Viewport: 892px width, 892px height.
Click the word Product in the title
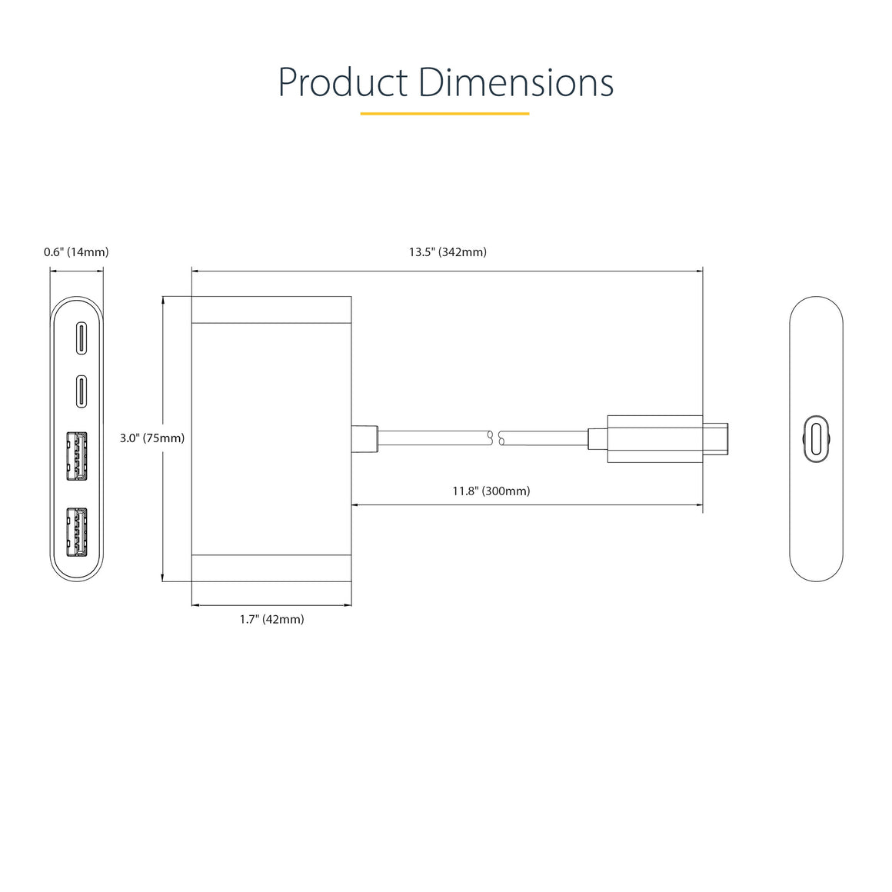point(343,82)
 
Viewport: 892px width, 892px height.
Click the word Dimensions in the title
point(516,82)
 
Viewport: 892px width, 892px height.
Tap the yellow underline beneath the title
point(445,114)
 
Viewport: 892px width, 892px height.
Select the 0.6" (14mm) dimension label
point(76,252)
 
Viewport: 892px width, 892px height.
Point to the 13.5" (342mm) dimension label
point(448,252)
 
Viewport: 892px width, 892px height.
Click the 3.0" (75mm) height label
point(152,438)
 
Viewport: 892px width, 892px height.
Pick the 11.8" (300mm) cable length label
point(491,491)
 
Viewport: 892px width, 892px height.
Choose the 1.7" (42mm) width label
point(272,619)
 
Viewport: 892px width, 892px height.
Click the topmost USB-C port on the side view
point(82,338)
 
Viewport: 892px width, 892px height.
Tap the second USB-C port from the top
point(82,391)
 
